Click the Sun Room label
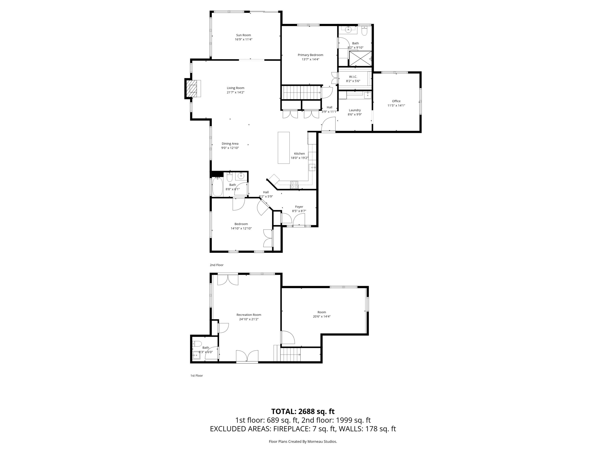(x=244, y=35)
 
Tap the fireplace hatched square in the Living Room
(x=193, y=89)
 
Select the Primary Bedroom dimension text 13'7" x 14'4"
(x=310, y=59)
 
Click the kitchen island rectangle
(x=284, y=148)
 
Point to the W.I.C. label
(x=353, y=77)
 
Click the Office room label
(x=396, y=101)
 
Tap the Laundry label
(x=355, y=110)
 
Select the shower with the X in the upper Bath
(x=360, y=58)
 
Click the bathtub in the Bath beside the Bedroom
(x=218, y=187)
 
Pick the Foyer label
(x=299, y=207)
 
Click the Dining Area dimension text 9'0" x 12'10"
(x=230, y=148)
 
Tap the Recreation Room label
(x=249, y=315)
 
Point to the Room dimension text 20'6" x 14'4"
(x=322, y=317)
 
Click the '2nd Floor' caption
(x=216, y=265)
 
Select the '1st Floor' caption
(x=196, y=375)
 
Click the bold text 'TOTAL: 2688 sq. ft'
(x=303, y=411)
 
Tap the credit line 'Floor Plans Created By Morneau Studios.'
(x=303, y=441)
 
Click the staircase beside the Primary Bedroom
(x=301, y=93)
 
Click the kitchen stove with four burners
(x=294, y=185)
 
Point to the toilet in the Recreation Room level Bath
(x=197, y=344)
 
